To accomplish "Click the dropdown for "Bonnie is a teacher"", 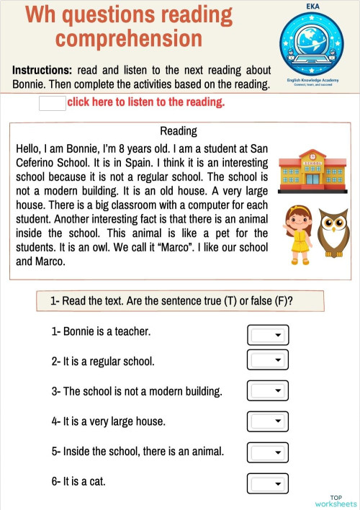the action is tap(268, 334).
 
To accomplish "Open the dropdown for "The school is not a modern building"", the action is tap(268, 390).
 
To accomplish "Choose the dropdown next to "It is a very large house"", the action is tap(268, 421).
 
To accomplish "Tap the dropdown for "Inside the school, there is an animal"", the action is tap(268, 452).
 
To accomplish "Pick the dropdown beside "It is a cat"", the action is tap(268, 482).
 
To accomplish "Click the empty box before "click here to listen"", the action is tap(52, 103).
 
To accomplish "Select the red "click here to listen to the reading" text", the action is tap(145, 102).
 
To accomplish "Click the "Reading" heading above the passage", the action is tap(178, 131).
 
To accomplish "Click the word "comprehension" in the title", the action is tap(129, 38).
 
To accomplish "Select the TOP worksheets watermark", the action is tap(336, 501).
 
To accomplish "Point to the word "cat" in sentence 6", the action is tap(97, 480).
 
